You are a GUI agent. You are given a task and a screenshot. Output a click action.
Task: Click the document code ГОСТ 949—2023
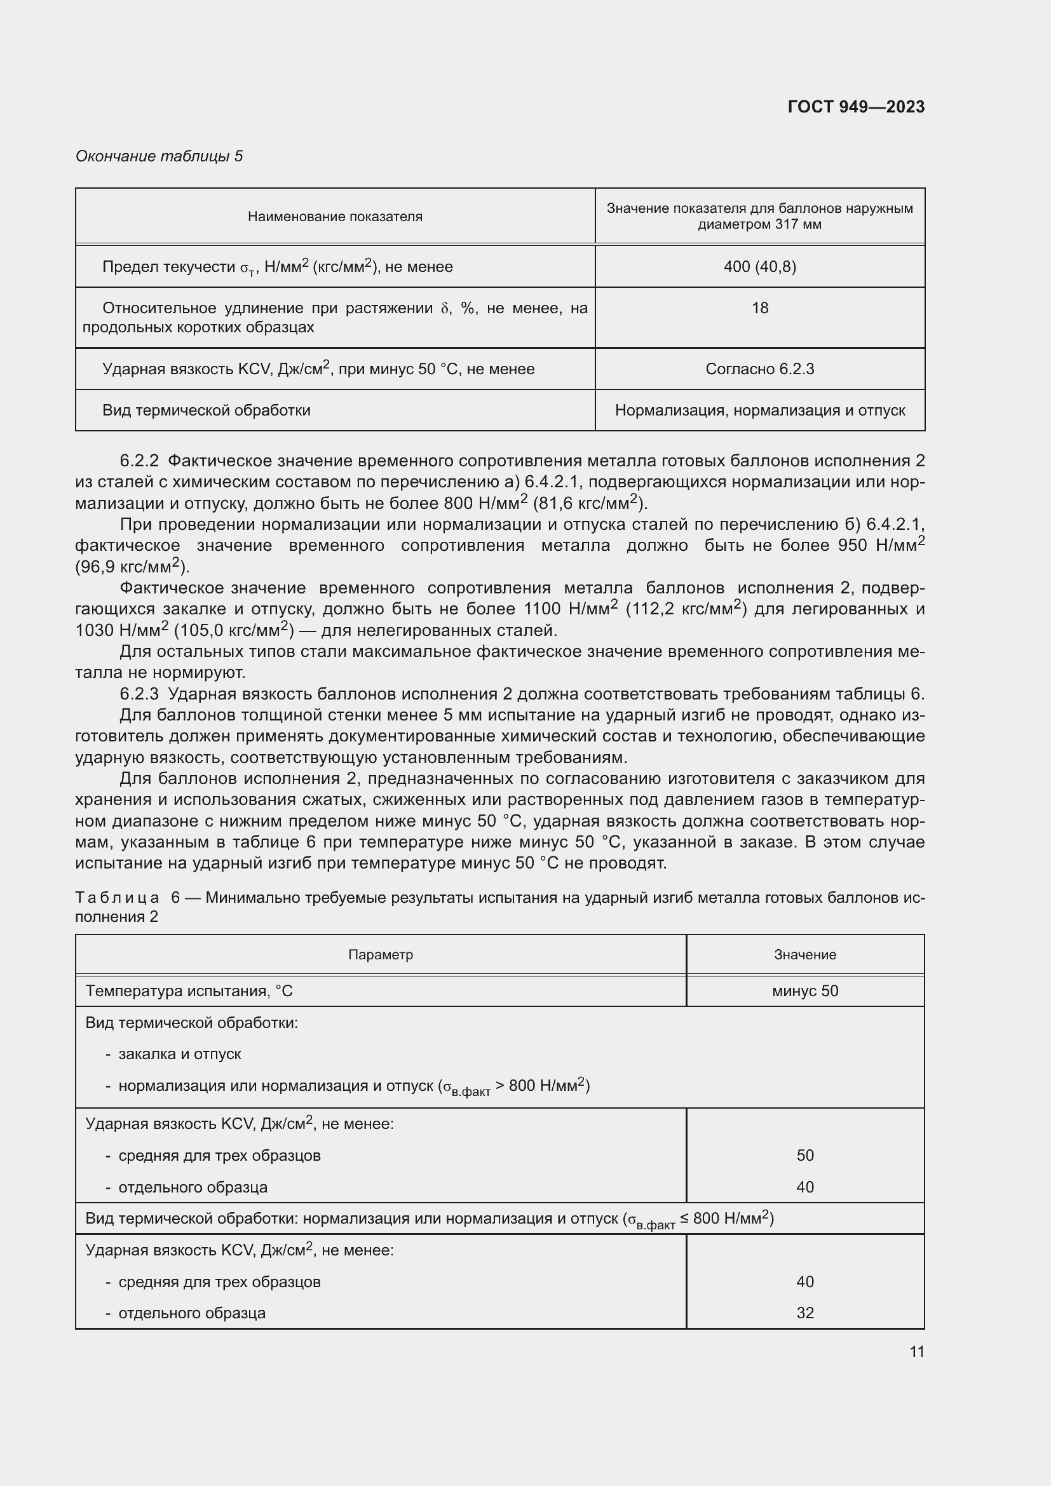tap(855, 107)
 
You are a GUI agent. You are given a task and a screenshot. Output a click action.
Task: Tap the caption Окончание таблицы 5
tap(159, 156)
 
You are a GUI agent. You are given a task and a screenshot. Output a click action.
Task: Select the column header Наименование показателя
tap(335, 217)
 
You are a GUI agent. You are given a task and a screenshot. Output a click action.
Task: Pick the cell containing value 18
tap(759, 308)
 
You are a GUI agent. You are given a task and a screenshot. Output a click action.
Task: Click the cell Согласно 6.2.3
tap(759, 369)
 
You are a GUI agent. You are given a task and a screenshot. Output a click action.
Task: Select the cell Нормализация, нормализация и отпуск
tap(759, 410)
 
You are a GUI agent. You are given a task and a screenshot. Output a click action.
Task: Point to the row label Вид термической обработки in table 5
tap(206, 410)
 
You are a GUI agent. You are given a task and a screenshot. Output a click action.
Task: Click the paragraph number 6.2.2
tap(139, 461)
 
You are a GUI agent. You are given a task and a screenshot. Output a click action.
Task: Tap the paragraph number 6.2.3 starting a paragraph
tap(139, 694)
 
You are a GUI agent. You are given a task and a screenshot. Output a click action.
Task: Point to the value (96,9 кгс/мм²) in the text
tap(132, 567)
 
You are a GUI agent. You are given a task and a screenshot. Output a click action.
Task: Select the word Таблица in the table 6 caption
tap(117, 898)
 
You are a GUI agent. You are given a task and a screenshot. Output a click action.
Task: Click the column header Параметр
tap(380, 955)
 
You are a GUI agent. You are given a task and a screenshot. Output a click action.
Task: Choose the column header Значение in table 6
tap(804, 955)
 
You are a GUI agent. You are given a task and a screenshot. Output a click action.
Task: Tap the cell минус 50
tap(804, 991)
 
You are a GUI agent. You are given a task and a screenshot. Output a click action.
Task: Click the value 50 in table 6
tap(804, 1155)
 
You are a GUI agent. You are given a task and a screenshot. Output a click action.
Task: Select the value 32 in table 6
tap(804, 1313)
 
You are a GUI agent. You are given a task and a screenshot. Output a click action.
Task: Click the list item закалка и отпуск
tap(179, 1053)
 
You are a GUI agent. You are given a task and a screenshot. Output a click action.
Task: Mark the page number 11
tap(916, 1351)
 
